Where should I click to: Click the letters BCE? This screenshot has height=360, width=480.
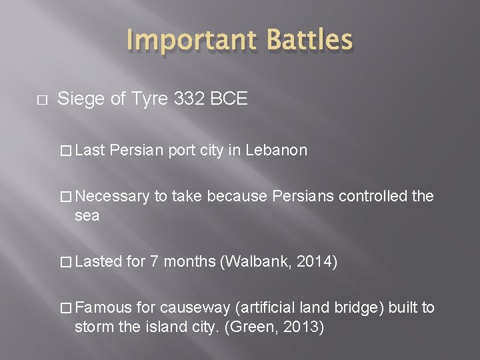click(x=231, y=100)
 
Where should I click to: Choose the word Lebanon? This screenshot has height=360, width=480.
click(x=276, y=150)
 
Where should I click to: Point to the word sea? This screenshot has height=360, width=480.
click(x=87, y=215)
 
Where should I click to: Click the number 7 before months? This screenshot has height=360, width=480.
click(x=153, y=261)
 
